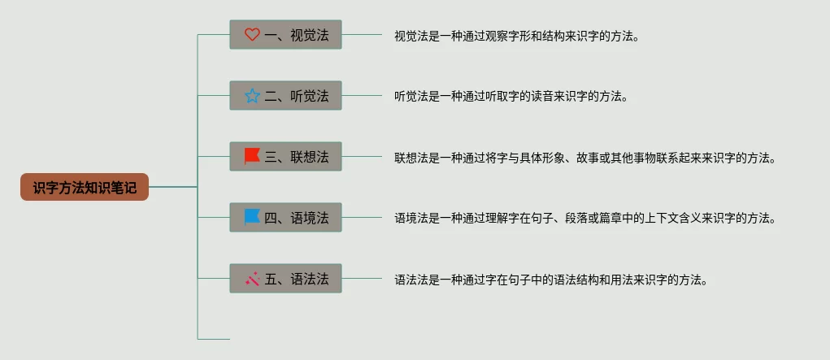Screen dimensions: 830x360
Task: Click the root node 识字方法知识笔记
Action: click(x=85, y=187)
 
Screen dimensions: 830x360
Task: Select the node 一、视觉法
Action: click(x=285, y=35)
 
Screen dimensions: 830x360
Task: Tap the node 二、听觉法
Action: click(x=285, y=96)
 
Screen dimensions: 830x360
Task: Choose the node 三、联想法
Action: click(x=285, y=157)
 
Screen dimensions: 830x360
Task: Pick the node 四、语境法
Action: click(x=285, y=218)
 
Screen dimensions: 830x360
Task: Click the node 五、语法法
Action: click(x=285, y=279)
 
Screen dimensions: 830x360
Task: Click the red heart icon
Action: click(x=252, y=35)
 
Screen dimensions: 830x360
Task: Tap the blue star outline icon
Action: click(x=252, y=96)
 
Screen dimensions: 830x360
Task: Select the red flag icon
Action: click(x=252, y=156)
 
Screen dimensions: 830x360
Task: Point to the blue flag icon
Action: click(x=252, y=217)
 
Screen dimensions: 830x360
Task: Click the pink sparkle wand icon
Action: click(x=252, y=279)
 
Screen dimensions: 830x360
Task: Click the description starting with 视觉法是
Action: click(x=517, y=36)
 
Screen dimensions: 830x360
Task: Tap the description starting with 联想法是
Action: click(x=585, y=158)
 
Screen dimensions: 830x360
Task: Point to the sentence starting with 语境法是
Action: click(x=585, y=219)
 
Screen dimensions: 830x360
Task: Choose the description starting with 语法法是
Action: click(x=550, y=280)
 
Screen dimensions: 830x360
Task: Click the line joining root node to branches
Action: click(x=173, y=187)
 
